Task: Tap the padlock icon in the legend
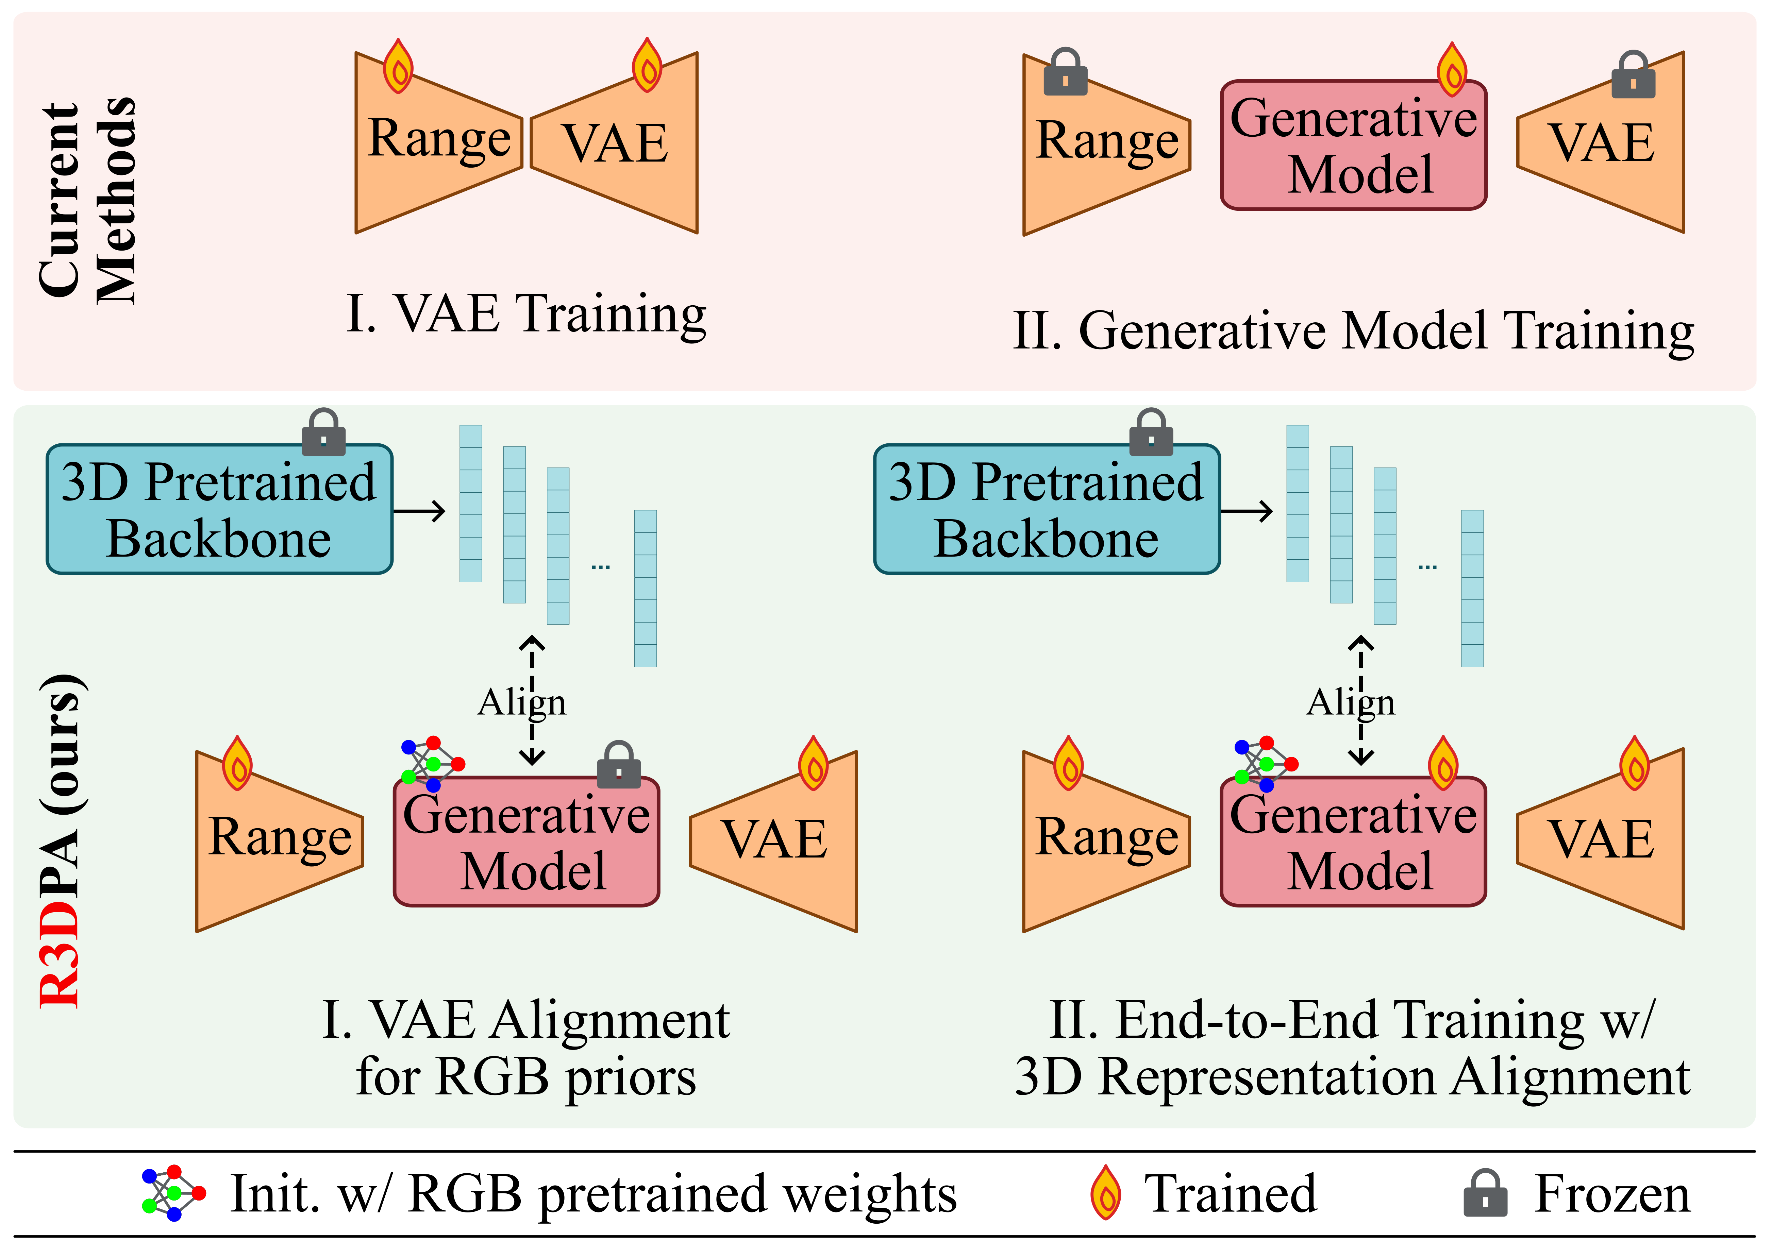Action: pos(1485,1194)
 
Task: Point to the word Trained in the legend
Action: pos(1231,1194)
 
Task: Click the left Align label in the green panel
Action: pos(521,702)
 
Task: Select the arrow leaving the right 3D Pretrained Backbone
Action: pos(1246,511)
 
